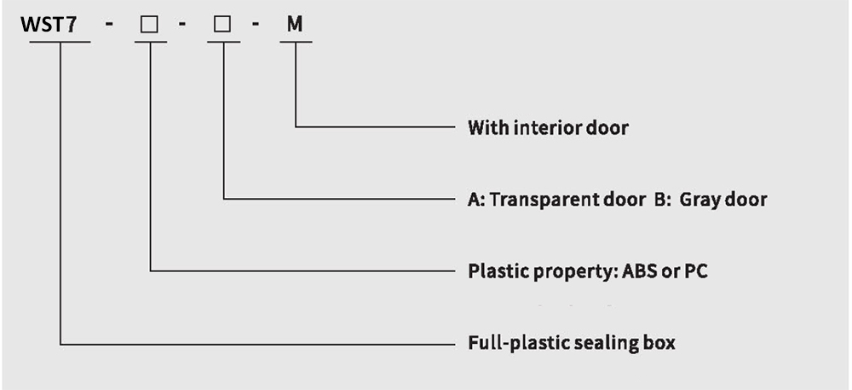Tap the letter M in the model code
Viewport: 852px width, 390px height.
tap(294, 25)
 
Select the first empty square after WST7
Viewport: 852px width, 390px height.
tap(150, 26)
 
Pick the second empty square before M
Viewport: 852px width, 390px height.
tap(222, 26)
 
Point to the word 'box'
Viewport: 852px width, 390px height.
tap(659, 343)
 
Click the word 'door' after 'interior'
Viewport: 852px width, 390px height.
tap(610, 128)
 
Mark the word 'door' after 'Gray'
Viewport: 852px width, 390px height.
tap(747, 200)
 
